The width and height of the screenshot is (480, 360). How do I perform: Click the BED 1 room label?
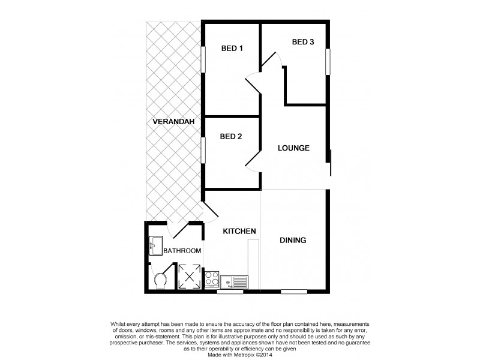[x=231, y=49]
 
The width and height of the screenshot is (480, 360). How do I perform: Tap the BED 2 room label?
[x=231, y=137]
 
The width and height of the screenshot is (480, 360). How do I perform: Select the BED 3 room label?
[x=303, y=42]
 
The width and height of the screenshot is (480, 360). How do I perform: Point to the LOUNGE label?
[x=293, y=148]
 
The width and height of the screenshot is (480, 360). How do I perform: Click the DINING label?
[x=293, y=241]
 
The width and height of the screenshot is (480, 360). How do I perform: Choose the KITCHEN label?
[x=240, y=231]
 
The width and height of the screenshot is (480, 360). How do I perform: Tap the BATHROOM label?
[x=182, y=251]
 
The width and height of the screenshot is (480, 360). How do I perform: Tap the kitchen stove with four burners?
[x=212, y=278]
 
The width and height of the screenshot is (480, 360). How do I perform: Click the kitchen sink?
[x=234, y=281]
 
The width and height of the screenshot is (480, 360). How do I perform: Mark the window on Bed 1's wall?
[x=203, y=62]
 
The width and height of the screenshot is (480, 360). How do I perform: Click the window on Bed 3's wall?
[x=328, y=62]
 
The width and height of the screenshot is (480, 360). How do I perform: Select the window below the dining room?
[x=293, y=292]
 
